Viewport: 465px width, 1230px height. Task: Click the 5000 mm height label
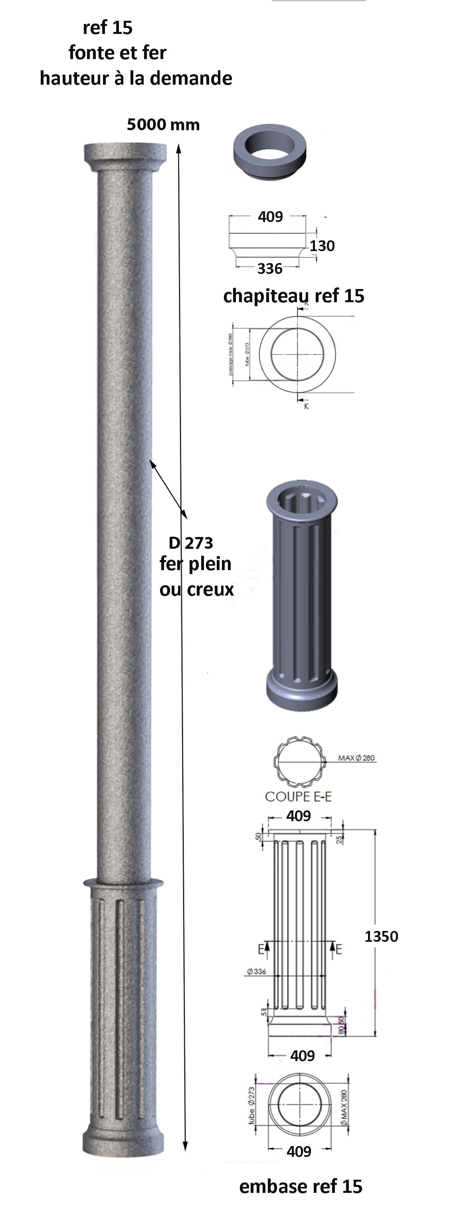pyautogui.click(x=163, y=125)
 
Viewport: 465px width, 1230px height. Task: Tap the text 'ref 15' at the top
pyautogui.click(x=107, y=28)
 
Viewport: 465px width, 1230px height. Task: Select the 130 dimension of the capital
pyautogui.click(x=322, y=246)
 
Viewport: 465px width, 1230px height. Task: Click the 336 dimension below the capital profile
pyautogui.click(x=270, y=268)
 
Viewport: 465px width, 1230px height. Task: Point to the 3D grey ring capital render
pyautogui.click(x=270, y=152)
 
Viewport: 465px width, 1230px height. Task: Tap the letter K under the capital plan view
pyautogui.click(x=306, y=406)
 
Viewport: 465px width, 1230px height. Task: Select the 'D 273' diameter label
pyautogui.click(x=190, y=543)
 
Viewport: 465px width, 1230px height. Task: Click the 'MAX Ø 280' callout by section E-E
pyautogui.click(x=356, y=757)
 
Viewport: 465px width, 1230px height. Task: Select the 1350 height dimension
pyautogui.click(x=381, y=936)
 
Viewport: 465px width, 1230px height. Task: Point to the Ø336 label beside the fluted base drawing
pyautogui.click(x=256, y=971)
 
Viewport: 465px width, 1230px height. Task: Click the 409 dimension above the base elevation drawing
pyautogui.click(x=299, y=816)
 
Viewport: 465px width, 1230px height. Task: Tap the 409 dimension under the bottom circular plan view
pyautogui.click(x=299, y=1151)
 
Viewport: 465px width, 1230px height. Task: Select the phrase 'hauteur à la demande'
pyautogui.click(x=136, y=78)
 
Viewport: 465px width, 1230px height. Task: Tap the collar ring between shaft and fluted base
pyautogui.click(x=123, y=882)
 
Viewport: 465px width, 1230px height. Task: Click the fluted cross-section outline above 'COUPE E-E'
pyautogui.click(x=299, y=762)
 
